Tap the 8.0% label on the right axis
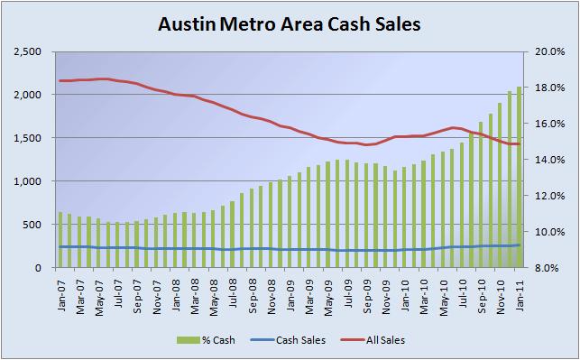(550, 268)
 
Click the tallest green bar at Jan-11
(519, 180)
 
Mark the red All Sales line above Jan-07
(60, 81)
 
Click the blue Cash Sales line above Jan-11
(519, 245)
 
